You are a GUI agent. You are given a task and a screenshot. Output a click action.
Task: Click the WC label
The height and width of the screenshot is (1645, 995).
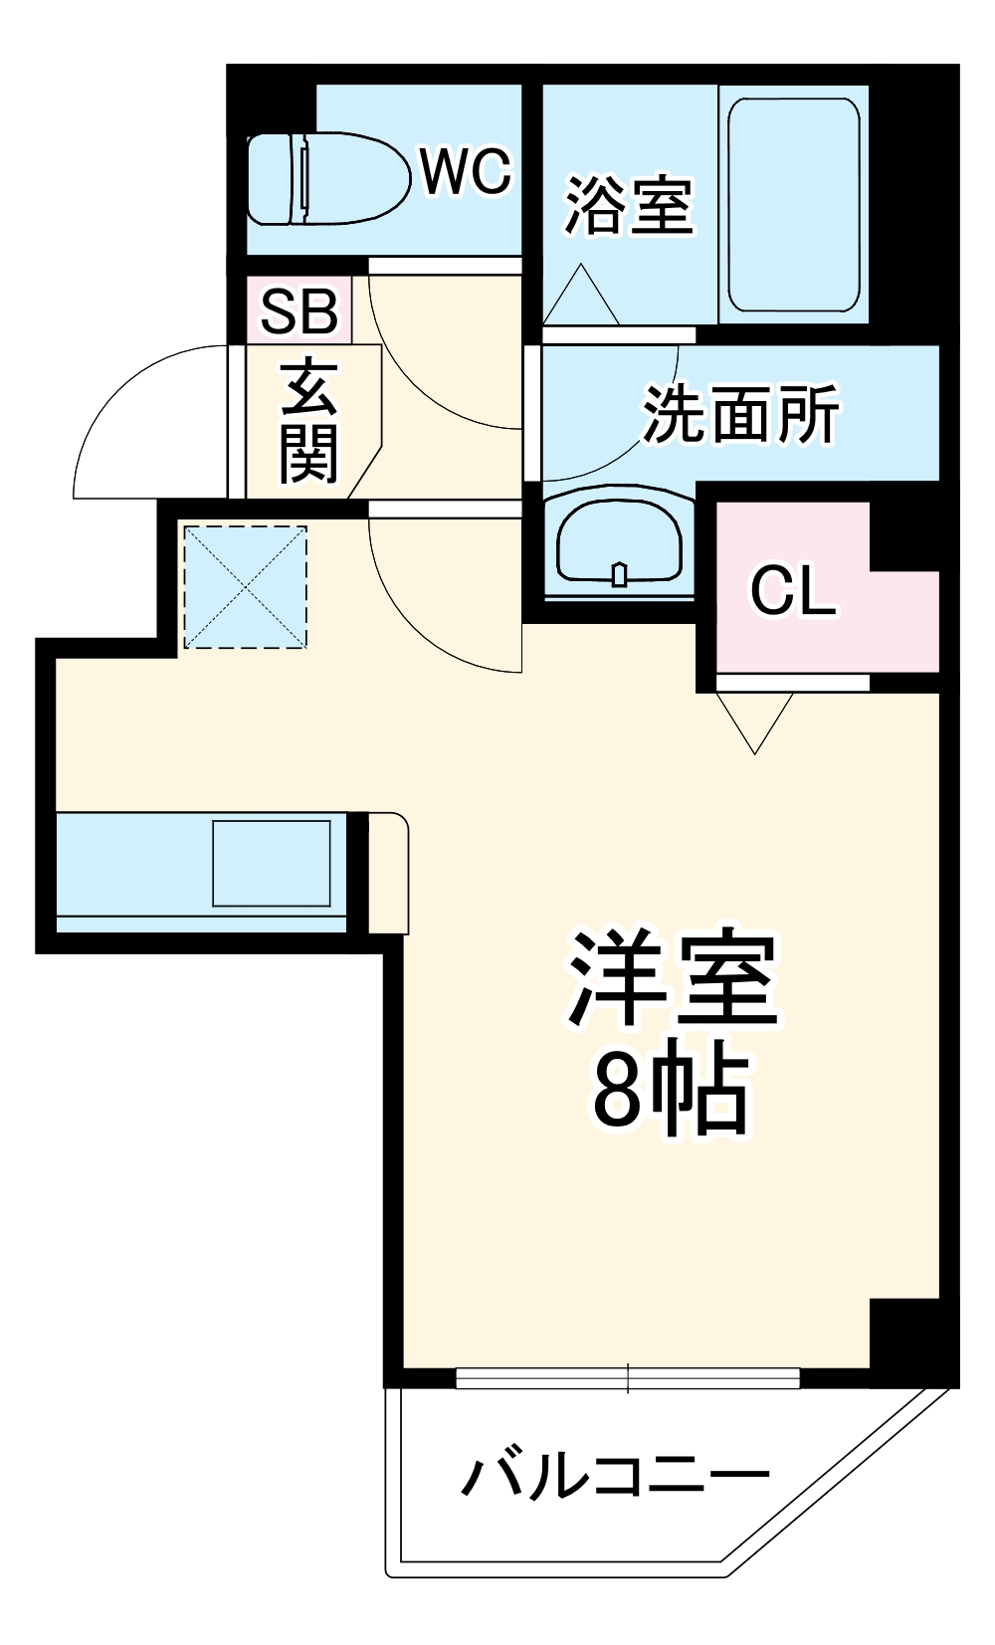coord(465,171)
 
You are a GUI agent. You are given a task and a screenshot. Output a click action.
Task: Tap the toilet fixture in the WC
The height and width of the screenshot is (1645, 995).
coord(328,179)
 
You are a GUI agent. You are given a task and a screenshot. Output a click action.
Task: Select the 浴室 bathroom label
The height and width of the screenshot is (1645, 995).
coord(628,206)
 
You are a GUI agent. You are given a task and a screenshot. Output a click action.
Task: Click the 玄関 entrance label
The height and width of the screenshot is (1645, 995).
coord(308,419)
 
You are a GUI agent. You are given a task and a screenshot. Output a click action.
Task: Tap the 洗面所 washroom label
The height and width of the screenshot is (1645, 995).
coord(740,413)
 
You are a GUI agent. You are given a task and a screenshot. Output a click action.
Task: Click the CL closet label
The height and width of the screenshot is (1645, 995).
coord(792,591)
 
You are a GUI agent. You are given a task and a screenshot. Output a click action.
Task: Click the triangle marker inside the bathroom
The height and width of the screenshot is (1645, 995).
coord(581,298)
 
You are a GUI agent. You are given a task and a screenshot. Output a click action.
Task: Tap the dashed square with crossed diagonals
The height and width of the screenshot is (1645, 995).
coord(245,587)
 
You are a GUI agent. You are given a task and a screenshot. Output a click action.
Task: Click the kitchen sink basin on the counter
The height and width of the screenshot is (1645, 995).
coord(271,863)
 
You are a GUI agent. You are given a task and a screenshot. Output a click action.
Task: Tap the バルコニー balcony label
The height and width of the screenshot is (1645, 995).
coord(614,1475)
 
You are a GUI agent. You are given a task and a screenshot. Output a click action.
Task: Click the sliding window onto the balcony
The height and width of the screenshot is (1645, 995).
coord(628,1378)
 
